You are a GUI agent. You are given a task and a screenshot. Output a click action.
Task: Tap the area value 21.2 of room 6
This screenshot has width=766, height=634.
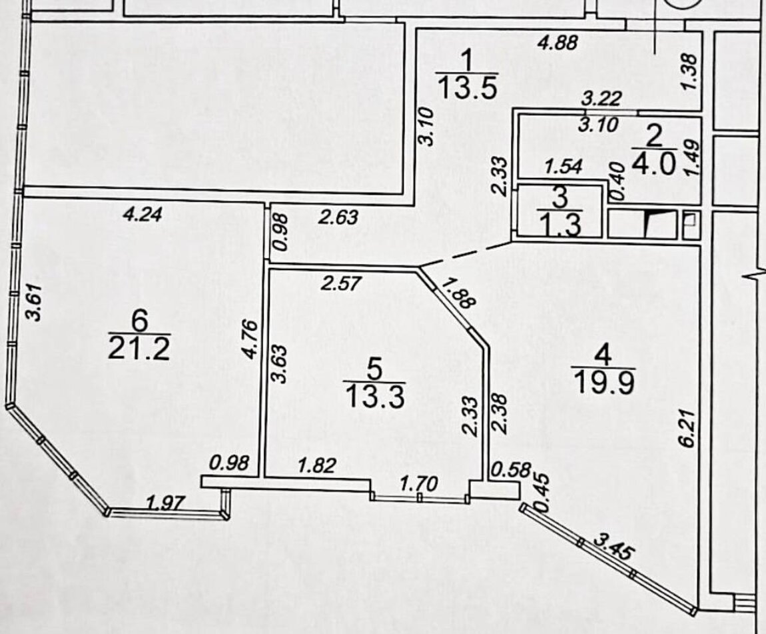tap(139, 349)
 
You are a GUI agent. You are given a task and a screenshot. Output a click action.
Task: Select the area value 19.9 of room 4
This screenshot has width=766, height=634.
tap(603, 382)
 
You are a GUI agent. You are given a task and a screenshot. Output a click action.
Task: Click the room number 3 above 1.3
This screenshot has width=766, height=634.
tap(560, 197)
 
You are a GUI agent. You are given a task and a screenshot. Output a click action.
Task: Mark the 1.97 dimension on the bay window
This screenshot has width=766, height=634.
tap(164, 503)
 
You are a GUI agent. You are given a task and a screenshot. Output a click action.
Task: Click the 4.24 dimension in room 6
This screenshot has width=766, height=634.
tap(143, 215)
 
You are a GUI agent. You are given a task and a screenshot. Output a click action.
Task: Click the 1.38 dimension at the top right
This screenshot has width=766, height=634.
tap(690, 67)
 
